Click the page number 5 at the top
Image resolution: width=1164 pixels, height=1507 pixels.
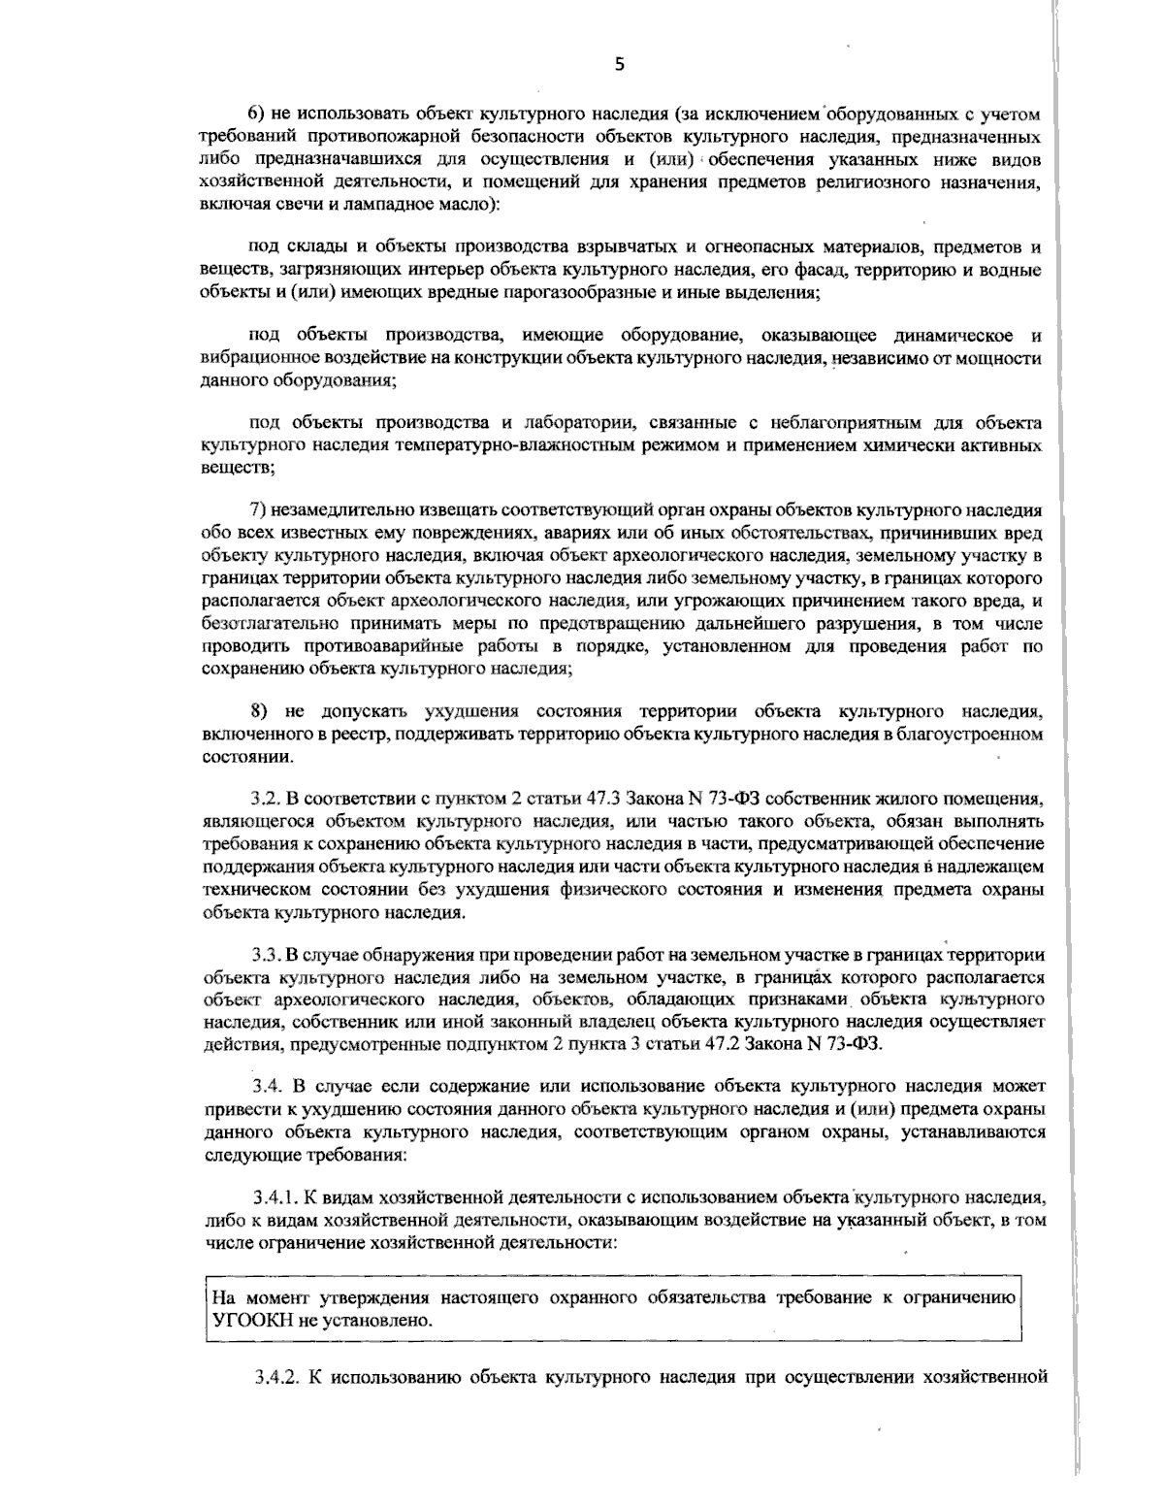(620, 65)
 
